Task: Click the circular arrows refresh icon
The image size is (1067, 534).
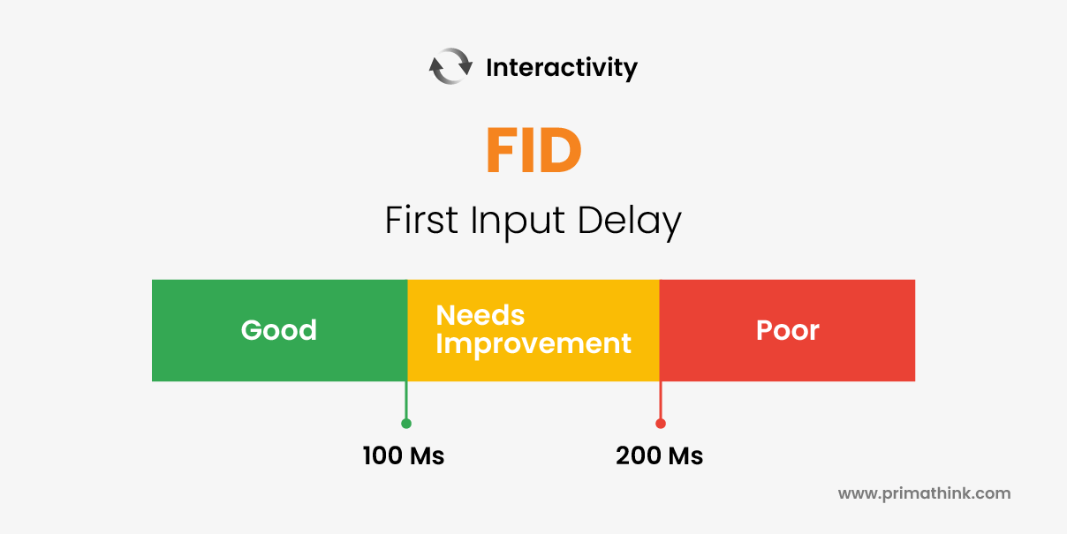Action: (450, 66)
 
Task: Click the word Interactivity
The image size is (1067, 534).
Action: (562, 68)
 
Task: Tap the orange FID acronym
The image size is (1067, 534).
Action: (533, 150)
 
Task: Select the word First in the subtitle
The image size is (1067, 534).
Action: (421, 220)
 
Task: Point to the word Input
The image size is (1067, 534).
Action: (518, 222)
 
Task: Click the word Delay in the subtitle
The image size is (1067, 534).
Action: (629, 222)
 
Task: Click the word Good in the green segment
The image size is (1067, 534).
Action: (278, 330)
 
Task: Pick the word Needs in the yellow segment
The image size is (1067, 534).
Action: (481, 315)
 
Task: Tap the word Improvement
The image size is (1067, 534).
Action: (533, 344)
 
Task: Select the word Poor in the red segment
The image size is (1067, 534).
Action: (787, 330)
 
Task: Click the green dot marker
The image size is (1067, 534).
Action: (406, 424)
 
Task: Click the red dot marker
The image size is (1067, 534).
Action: (660, 424)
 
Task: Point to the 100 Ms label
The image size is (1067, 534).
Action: (404, 455)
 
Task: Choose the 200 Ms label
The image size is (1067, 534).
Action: (659, 455)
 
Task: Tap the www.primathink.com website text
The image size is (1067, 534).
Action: (924, 493)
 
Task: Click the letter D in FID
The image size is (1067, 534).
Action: (560, 150)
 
